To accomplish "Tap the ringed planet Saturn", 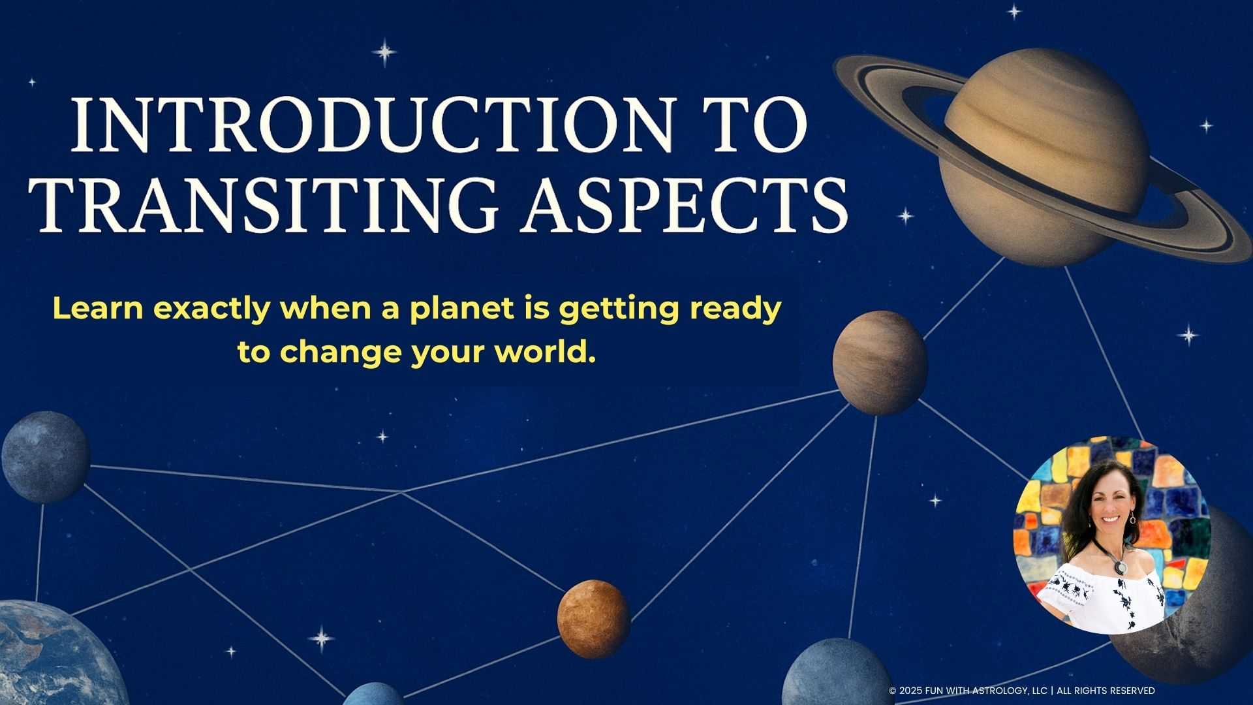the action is pos(1045,157).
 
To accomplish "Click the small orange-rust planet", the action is pos(593,618).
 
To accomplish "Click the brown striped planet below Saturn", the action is pos(880,363).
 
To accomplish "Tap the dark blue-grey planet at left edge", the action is pos(45,457).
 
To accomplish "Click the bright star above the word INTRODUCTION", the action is pos(384,52).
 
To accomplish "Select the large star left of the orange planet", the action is pos(322,638).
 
